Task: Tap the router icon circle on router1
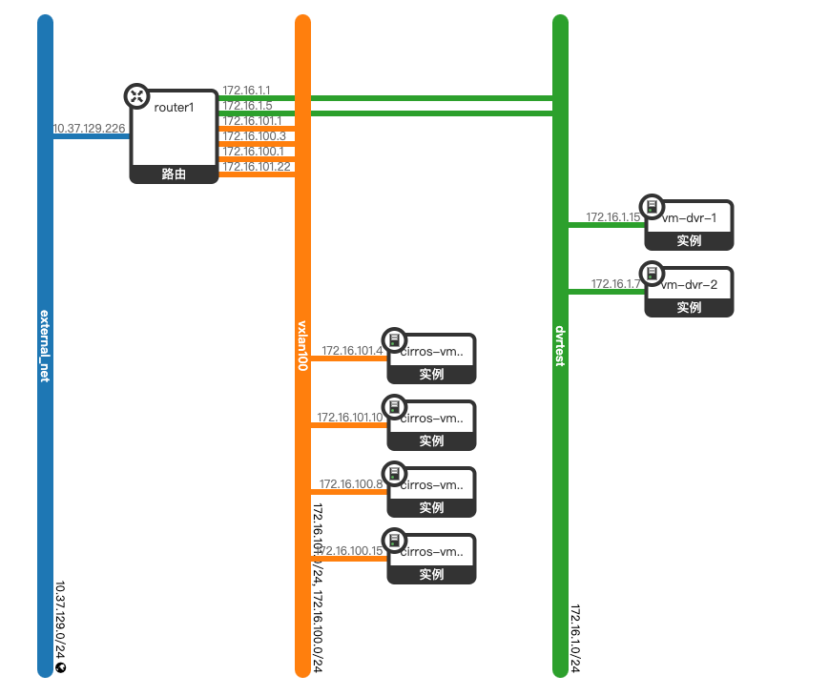click(x=136, y=95)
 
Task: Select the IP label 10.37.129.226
click(x=89, y=128)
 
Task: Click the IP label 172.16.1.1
click(x=246, y=91)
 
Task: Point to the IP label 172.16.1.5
click(x=246, y=106)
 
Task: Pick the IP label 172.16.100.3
click(x=253, y=136)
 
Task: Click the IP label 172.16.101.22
click(x=256, y=167)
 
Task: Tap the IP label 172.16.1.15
click(x=613, y=217)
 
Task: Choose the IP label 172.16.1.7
click(x=616, y=284)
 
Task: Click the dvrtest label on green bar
click(x=560, y=345)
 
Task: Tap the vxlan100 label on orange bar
click(x=302, y=345)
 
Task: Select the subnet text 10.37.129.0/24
click(x=60, y=620)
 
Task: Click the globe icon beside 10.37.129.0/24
click(x=60, y=667)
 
